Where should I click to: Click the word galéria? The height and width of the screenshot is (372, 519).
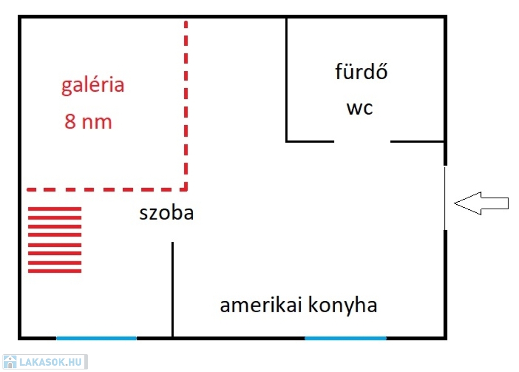(x=93, y=85)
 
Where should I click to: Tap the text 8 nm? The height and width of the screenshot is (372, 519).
(x=88, y=122)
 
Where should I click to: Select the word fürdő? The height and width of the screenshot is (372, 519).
(x=361, y=71)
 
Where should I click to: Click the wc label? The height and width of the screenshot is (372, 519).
(x=359, y=108)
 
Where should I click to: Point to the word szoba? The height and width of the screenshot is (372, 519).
(x=166, y=213)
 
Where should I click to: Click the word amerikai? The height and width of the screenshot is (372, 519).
(x=258, y=306)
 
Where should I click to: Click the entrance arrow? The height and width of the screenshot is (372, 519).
(x=481, y=203)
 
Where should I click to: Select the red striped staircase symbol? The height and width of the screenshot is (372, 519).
(x=55, y=239)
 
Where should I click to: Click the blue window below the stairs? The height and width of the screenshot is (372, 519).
(x=96, y=338)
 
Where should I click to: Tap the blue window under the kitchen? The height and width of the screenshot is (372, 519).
(x=345, y=338)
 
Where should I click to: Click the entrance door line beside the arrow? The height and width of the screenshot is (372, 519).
(x=445, y=198)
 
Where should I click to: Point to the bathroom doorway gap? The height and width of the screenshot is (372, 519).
(x=362, y=141)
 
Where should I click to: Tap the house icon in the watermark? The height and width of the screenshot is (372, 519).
(x=10, y=362)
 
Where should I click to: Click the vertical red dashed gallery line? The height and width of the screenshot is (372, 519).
(x=186, y=101)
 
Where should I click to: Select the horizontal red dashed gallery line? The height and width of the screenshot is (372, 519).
(x=106, y=190)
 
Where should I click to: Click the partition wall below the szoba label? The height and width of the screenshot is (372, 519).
(x=172, y=289)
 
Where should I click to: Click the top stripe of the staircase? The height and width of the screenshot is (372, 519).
(x=55, y=208)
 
